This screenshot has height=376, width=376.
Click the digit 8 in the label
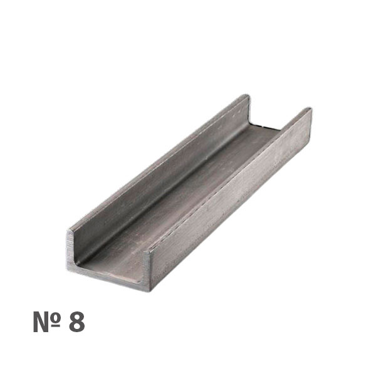point(77,321)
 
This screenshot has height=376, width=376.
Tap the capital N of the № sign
point(41,321)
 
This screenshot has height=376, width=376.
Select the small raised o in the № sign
point(56,317)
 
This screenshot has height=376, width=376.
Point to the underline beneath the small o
point(56,326)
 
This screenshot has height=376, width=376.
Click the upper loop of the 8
point(77,316)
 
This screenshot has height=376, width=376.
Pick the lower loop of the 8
point(77,326)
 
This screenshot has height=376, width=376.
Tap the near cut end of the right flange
point(146,269)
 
